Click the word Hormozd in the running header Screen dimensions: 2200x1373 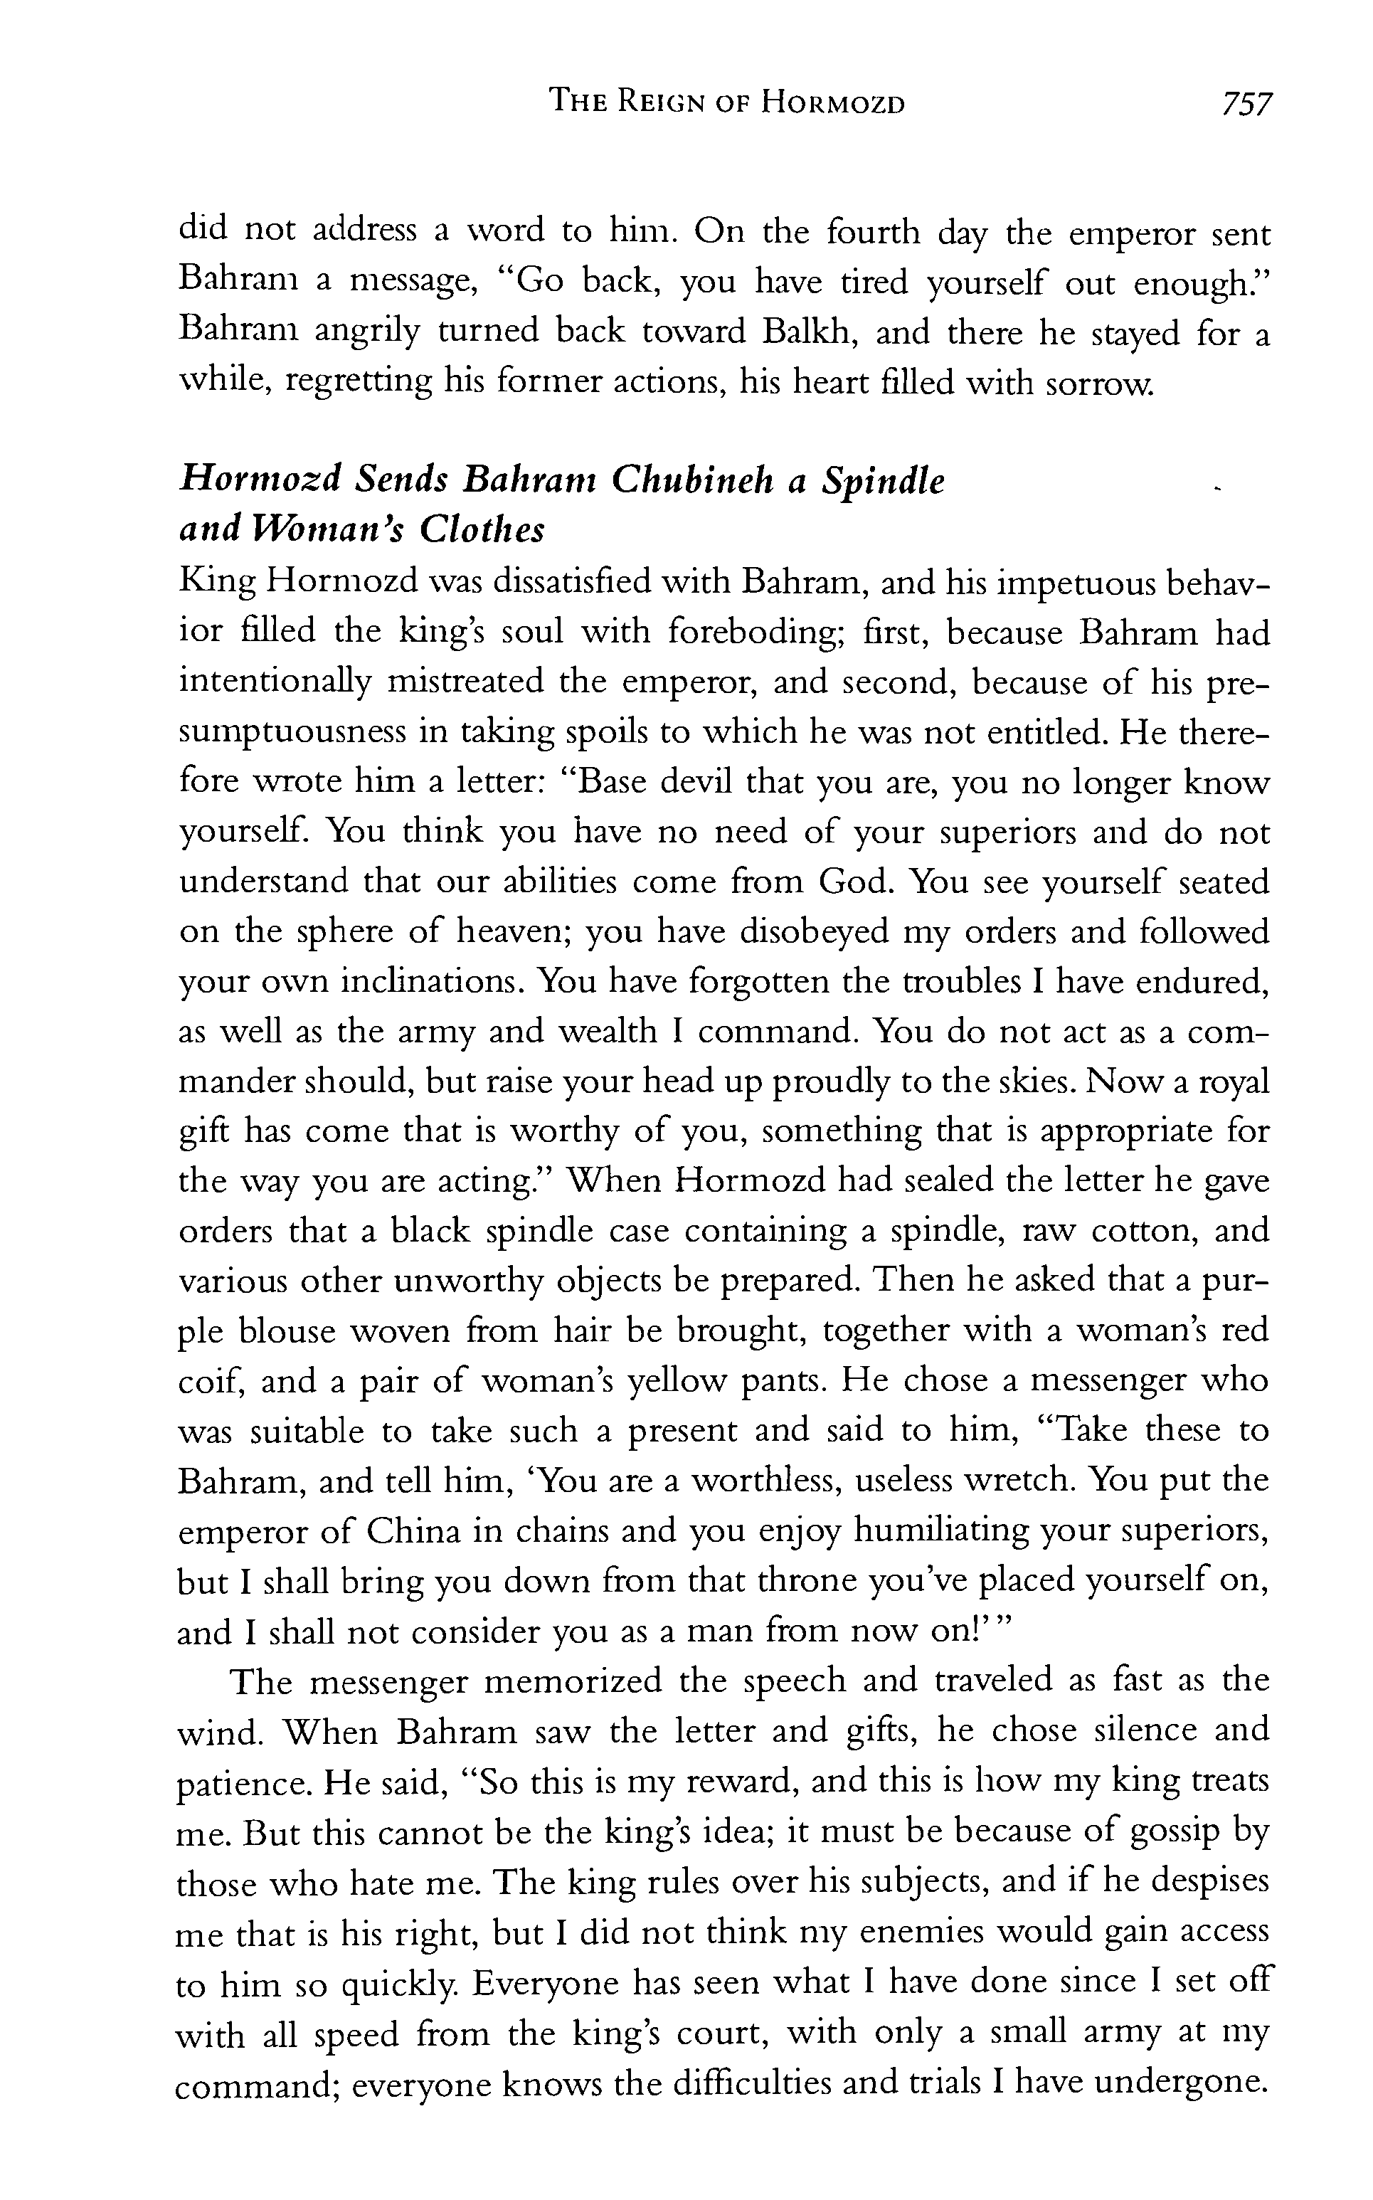833,103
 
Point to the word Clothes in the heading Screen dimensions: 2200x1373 482,529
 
